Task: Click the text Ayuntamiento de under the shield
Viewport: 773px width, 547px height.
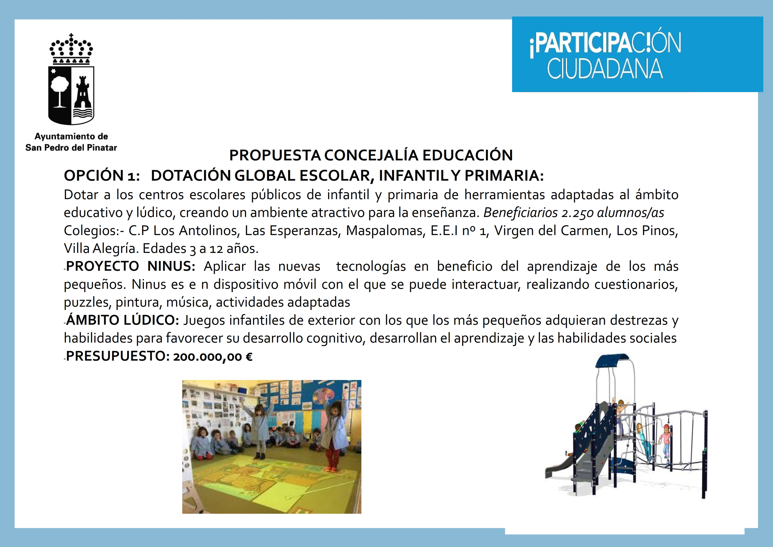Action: (x=71, y=136)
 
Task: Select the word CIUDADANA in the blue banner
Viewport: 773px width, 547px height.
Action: (x=605, y=69)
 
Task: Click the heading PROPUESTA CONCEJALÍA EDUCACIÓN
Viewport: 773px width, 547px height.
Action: (x=371, y=155)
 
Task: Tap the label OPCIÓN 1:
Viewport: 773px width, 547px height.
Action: (x=102, y=176)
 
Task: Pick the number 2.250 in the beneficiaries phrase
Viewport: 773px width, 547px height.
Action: (x=577, y=213)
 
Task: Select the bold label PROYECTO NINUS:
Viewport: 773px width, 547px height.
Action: (x=131, y=266)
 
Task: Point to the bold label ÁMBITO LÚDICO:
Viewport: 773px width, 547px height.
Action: (x=123, y=320)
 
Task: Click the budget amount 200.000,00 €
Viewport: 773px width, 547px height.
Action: (x=213, y=357)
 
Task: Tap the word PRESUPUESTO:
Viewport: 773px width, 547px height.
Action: (x=118, y=356)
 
